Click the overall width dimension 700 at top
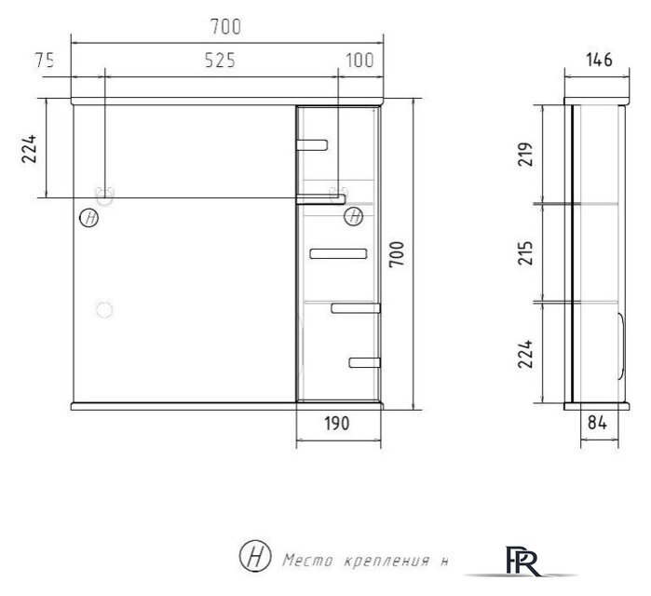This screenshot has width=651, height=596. click(227, 27)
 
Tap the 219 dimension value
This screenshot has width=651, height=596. click(525, 154)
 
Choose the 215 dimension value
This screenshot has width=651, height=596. click(525, 253)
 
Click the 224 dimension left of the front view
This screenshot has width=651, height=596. click(30, 149)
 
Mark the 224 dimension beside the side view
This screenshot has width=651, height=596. click(525, 354)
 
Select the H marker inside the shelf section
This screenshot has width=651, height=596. click(353, 217)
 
